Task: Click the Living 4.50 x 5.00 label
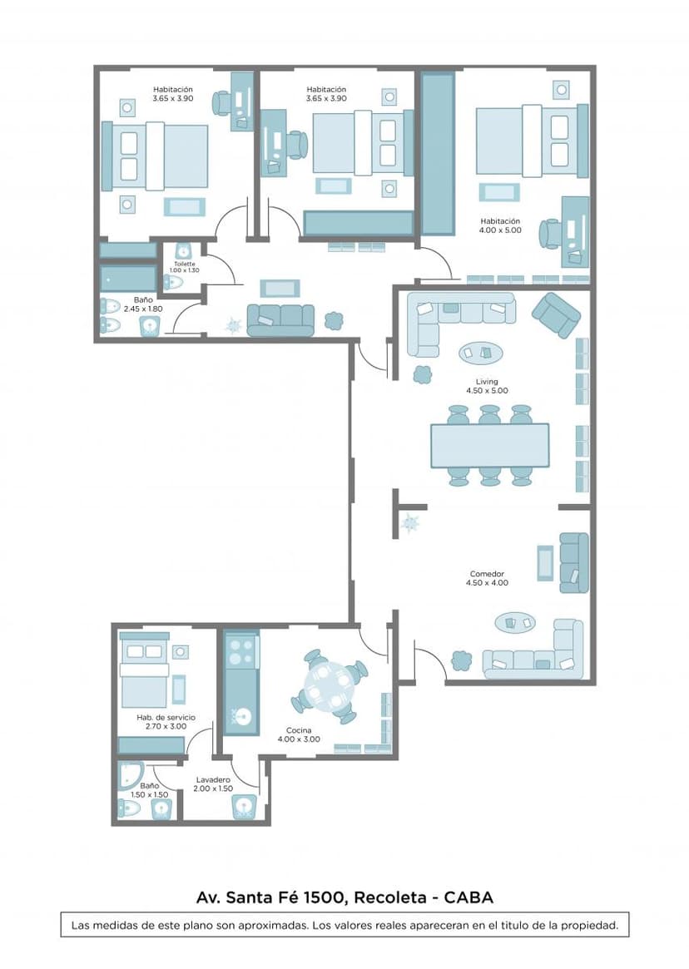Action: (487, 386)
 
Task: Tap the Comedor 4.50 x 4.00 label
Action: (487, 578)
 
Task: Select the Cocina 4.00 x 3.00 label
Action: (299, 734)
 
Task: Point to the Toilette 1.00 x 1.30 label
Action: (184, 267)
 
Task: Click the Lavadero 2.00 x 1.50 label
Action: (213, 784)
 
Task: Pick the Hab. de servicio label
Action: (166, 718)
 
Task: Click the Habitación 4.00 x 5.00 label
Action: (500, 225)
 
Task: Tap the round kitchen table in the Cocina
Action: (330, 686)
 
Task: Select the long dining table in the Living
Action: (490, 445)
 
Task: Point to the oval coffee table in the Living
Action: (481, 353)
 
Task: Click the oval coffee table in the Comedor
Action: (515, 623)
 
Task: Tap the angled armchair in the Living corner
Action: (556, 315)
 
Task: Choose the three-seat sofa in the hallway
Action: (280, 320)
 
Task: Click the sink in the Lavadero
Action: (243, 807)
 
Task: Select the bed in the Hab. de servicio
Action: (144, 673)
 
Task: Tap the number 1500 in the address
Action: (324, 897)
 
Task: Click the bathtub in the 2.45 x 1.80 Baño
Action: (129, 279)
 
